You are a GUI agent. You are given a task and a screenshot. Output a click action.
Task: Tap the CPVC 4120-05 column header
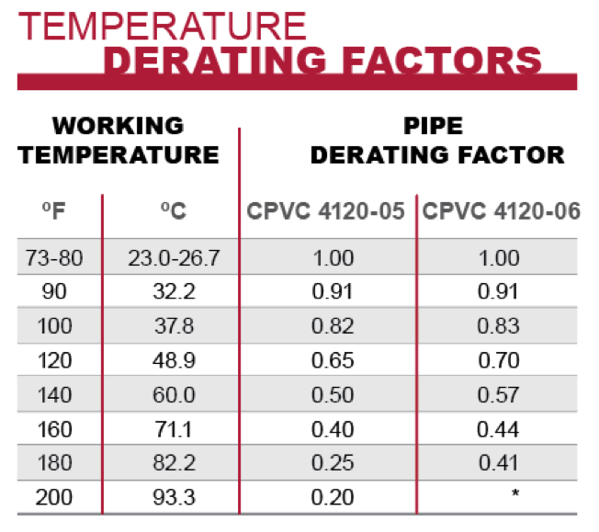pos(325,211)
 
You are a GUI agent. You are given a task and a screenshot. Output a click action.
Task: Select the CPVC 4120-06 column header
pos(501,211)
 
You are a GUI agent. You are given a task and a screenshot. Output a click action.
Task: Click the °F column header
pos(52,211)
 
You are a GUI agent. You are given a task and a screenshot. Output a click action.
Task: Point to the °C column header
pos(173,211)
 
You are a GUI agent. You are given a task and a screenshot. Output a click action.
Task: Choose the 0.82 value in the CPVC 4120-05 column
pos(328,326)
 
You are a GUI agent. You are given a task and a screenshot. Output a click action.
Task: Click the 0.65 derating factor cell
pos(328,360)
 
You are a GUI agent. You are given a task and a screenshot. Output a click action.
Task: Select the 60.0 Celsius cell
pos(174,394)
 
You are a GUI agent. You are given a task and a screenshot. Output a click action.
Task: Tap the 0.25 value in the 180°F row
pos(328,462)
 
